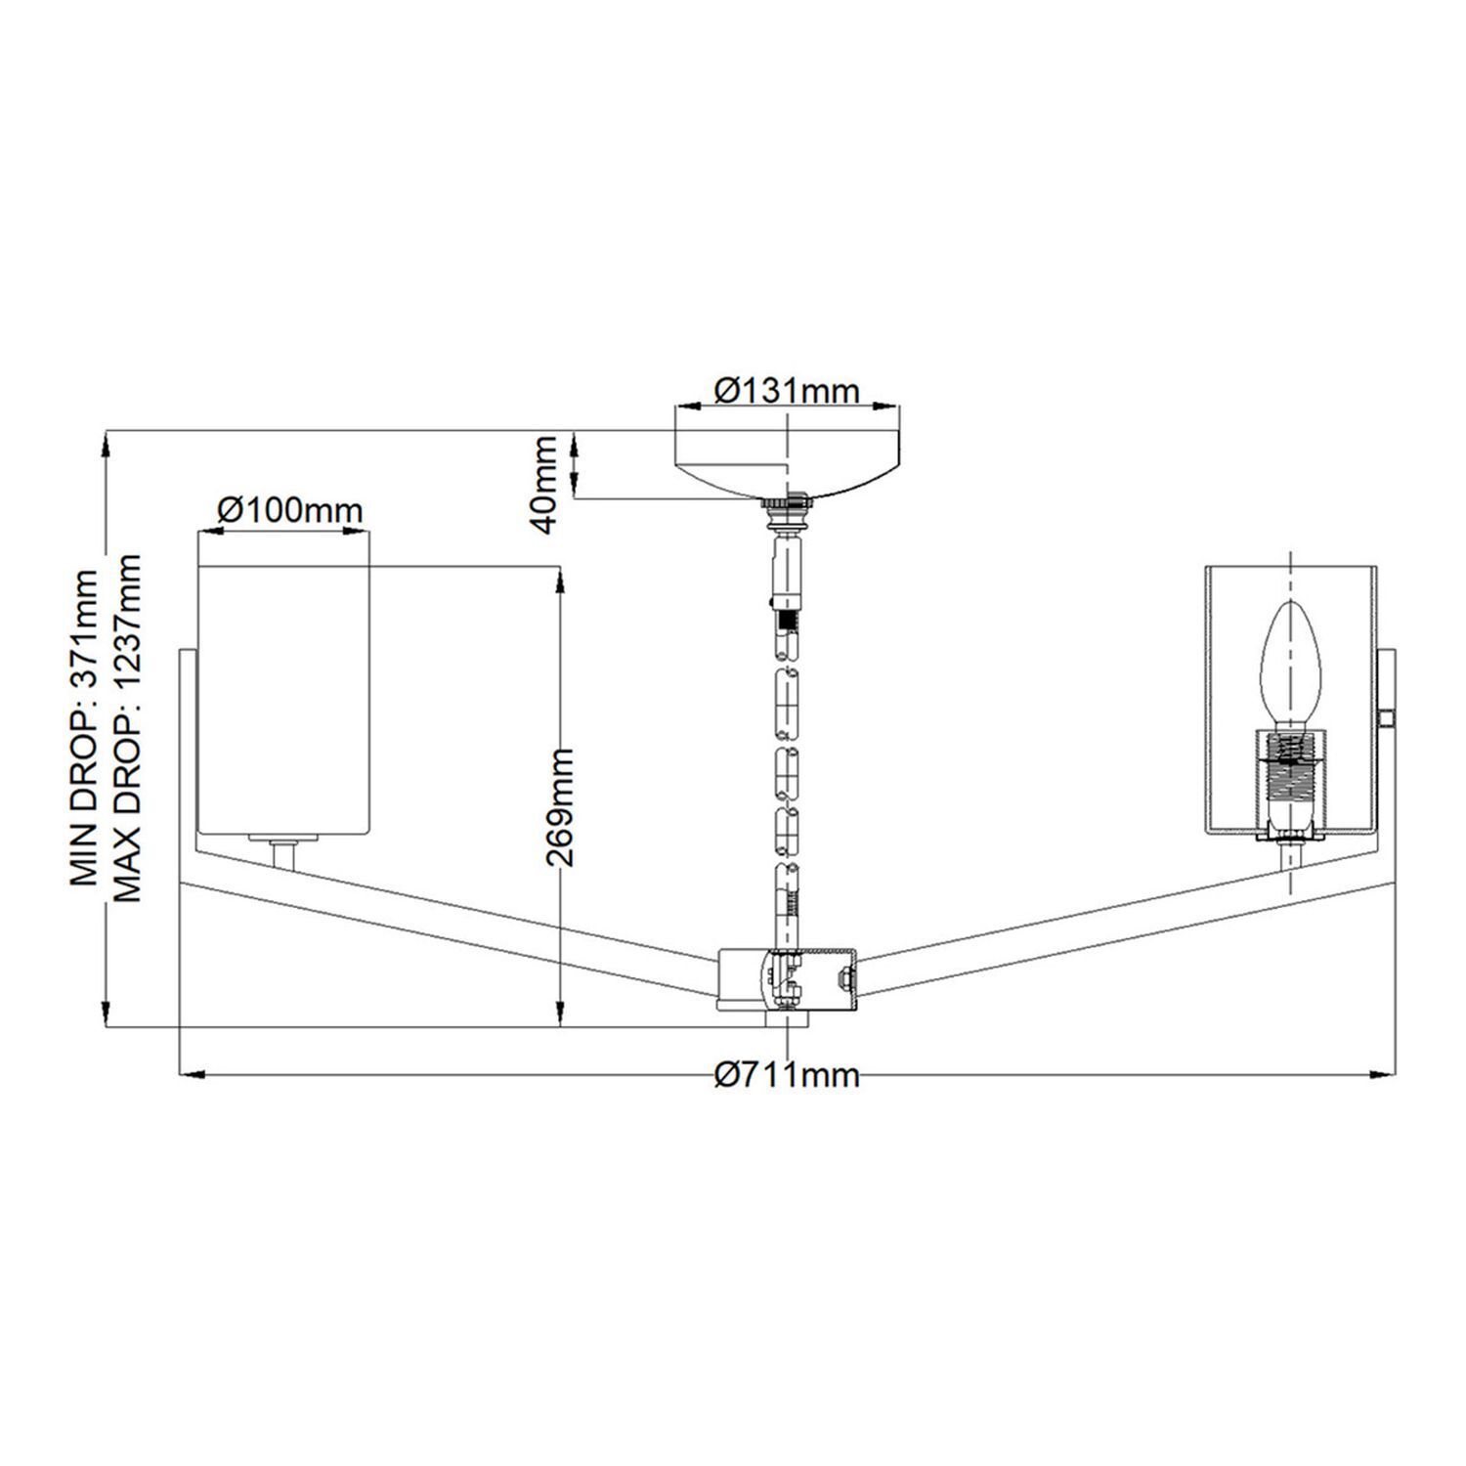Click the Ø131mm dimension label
click(x=787, y=392)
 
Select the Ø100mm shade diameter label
click(x=289, y=510)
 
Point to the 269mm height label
click(x=559, y=807)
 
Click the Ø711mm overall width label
click(x=787, y=1076)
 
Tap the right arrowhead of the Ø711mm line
click(x=1385, y=1075)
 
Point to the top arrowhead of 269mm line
click(x=559, y=579)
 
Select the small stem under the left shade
click(x=284, y=854)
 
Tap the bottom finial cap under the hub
click(x=787, y=1019)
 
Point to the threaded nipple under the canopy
click(x=787, y=509)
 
